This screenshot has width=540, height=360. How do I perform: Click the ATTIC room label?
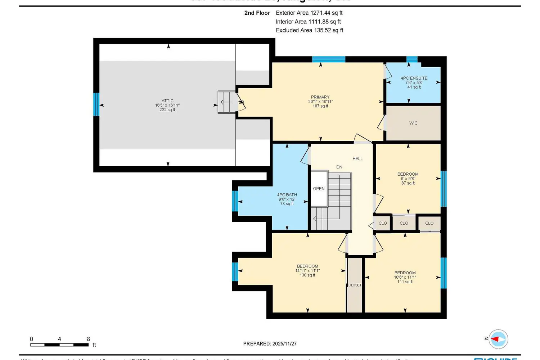tap(167, 101)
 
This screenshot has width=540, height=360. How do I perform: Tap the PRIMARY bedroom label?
tap(320, 97)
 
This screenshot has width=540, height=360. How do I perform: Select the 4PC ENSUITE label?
tap(414, 78)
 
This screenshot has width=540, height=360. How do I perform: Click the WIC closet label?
tap(413, 123)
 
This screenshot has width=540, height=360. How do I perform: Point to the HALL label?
tap(357, 159)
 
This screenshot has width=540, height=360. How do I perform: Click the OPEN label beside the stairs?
tap(319, 189)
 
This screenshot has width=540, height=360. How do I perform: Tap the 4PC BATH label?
tap(287, 195)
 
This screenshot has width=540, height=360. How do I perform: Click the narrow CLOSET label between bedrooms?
tap(355, 285)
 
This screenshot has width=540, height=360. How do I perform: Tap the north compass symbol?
tap(498, 339)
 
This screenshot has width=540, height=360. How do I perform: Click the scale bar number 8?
tap(88, 339)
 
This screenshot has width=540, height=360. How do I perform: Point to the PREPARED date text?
tap(270, 344)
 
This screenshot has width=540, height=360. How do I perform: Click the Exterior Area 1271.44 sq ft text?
tap(309, 13)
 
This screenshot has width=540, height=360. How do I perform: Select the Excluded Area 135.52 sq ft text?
tap(309, 30)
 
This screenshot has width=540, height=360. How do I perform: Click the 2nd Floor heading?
tap(257, 13)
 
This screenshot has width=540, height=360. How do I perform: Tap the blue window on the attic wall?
tap(96, 104)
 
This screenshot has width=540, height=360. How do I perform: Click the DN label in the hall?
tap(339, 167)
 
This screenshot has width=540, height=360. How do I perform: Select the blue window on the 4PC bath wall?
tap(235, 201)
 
